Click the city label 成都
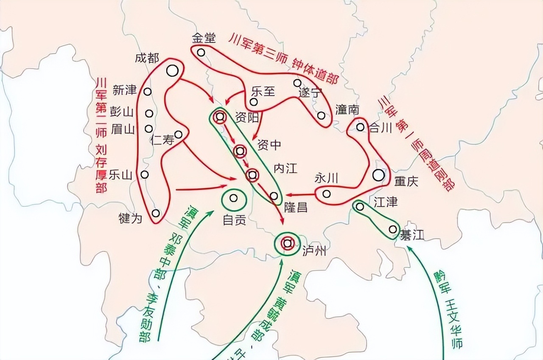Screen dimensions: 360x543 pyautogui.click(x=147, y=58)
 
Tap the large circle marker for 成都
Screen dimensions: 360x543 pyautogui.click(x=172, y=70)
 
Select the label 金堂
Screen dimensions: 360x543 pyautogui.click(x=204, y=38)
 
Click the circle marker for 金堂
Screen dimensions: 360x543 pyautogui.click(x=201, y=53)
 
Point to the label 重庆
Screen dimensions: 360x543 pyautogui.click(x=406, y=181)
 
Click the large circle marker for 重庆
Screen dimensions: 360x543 pyautogui.click(x=378, y=174)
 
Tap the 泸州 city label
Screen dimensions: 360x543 pyautogui.click(x=314, y=251)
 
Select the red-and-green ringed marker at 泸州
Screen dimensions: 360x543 pyautogui.click(x=288, y=243)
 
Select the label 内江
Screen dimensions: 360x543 pyautogui.click(x=285, y=168)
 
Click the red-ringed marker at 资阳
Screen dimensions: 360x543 pyautogui.click(x=220, y=117)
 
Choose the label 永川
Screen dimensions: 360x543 pyautogui.click(x=326, y=179)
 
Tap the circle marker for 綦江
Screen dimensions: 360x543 pyautogui.click(x=393, y=229)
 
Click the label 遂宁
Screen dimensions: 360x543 pyautogui.click(x=310, y=93)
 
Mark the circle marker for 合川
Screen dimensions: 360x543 pyautogui.click(x=360, y=127)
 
